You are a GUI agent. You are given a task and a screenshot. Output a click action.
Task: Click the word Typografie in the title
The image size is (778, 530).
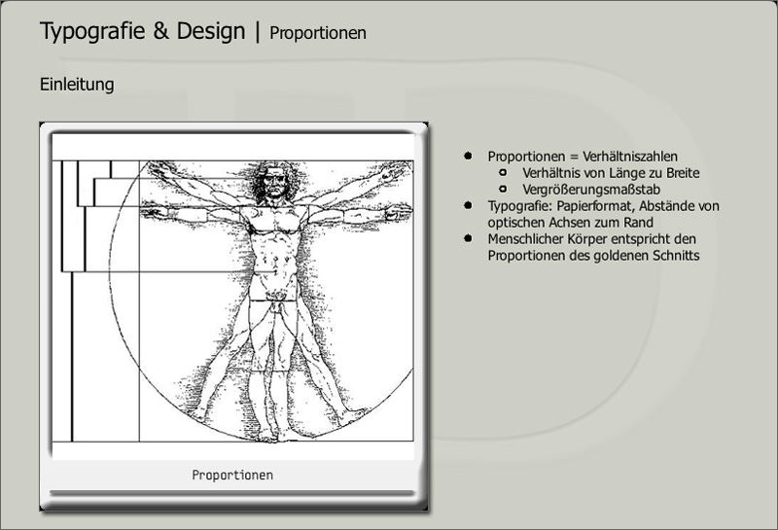tap(92, 31)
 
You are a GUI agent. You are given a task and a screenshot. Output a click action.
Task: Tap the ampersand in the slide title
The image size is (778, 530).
tap(161, 31)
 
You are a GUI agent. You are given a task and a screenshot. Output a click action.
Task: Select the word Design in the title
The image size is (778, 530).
tap(211, 31)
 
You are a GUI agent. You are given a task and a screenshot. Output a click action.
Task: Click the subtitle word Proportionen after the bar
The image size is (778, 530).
tap(318, 33)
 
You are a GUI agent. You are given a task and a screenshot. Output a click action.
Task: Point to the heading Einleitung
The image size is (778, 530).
tap(77, 84)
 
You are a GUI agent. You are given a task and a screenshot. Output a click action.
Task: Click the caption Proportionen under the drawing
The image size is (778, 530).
tap(232, 475)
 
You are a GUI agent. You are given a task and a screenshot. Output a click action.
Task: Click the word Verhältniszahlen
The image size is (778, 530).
tap(630, 157)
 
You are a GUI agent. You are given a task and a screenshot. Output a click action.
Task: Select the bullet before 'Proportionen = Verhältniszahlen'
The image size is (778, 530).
tap(468, 156)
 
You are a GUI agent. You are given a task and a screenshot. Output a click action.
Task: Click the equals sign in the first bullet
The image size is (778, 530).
tap(574, 157)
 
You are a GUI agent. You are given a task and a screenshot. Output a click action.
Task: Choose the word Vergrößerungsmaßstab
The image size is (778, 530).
tap(591, 190)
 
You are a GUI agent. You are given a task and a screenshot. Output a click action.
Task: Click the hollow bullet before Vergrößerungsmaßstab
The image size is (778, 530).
tap(503, 189)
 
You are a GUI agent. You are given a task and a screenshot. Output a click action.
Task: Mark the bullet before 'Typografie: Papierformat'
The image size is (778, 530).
tap(468, 205)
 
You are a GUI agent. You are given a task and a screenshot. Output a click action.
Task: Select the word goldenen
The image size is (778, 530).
tap(621, 256)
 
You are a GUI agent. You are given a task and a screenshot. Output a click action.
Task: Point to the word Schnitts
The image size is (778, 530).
tap(676, 256)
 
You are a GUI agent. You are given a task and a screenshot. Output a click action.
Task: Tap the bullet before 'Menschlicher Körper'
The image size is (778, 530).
tap(468, 238)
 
